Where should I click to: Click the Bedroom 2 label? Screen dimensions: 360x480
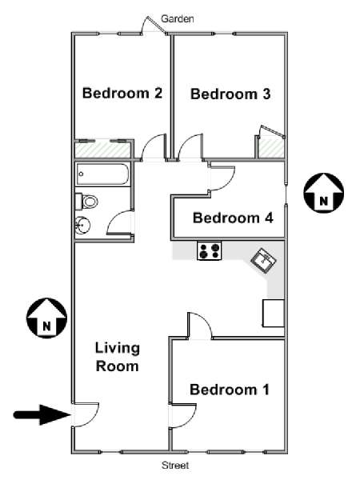click(122, 93)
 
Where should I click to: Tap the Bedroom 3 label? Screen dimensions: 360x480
click(230, 94)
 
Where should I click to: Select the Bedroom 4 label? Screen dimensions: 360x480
click(233, 218)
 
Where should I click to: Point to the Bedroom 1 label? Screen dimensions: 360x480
click(230, 390)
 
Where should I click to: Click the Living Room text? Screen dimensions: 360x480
click(118, 358)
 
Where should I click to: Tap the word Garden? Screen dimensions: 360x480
click(178, 18)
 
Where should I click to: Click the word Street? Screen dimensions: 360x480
click(175, 466)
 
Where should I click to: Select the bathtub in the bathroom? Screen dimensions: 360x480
click(102, 174)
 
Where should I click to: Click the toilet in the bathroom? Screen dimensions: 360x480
click(86, 202)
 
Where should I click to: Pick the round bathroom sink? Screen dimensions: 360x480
click(82, 226)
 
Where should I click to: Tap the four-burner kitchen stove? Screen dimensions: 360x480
click(210, 250)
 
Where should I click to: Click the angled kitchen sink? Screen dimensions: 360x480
click(263, 260)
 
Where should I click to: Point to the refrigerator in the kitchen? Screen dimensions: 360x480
click(274, 313)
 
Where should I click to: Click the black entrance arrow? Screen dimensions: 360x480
click(42, 414)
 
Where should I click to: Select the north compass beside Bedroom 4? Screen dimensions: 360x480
click(323, 193)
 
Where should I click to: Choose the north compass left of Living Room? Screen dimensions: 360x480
click(46, 318)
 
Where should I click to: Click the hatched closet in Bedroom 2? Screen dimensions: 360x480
click(103, 150)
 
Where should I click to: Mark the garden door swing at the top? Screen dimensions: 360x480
click(152, 25)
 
